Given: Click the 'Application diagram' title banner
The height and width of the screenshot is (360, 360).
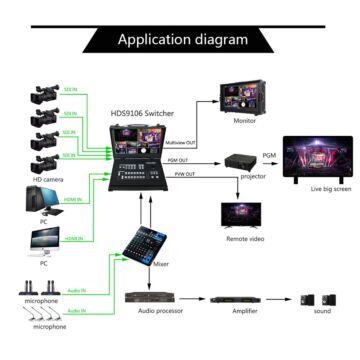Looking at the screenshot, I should (182, 40).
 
